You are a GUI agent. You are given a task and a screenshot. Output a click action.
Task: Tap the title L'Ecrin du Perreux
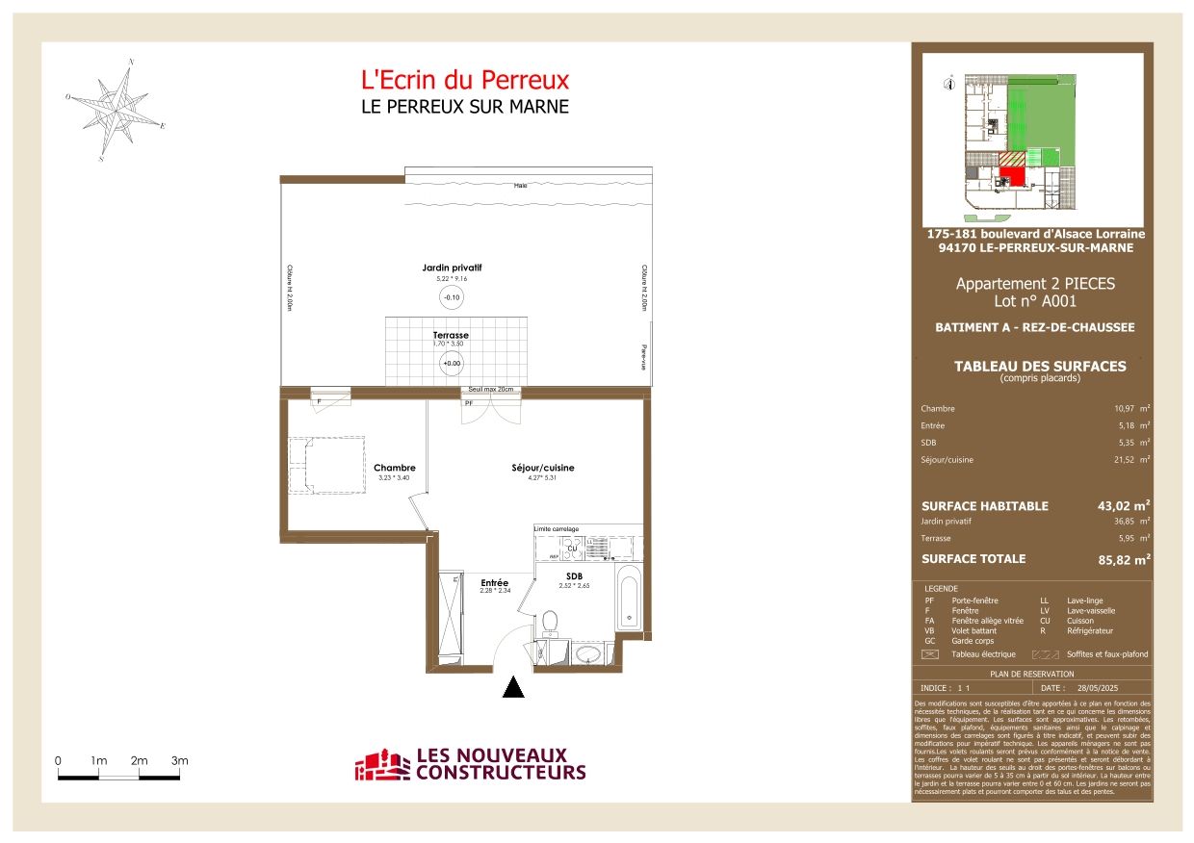click(x=464, y=80)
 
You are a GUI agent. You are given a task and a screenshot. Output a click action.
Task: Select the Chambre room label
click(x=394, y=469)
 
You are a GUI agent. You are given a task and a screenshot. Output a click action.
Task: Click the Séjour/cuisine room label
click(x=542, y=469)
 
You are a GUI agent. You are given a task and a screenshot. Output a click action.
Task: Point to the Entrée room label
click(x=494, y=582)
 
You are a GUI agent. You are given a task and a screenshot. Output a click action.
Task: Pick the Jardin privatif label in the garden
click(x=451, y=268)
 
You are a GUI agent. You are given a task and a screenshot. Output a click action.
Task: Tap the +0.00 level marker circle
click(x=451, y=364)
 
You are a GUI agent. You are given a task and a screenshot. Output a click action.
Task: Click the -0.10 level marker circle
click(x=451, y=297)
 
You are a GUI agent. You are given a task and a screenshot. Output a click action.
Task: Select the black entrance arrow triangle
click(x=514, y=686)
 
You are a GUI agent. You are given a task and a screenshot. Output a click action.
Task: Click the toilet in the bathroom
click(x=551, y=623)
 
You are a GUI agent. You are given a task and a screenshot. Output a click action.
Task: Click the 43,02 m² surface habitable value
click(x=1125, y=505)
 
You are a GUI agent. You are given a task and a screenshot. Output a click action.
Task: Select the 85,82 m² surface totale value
click(x=1125, y=559)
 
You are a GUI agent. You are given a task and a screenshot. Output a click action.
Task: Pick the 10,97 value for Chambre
click(x=1126, y=408)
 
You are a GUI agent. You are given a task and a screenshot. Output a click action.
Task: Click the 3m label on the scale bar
click(x=179, y=761)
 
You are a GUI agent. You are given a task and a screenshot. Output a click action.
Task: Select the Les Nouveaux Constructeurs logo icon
click(x=382, y=766)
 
